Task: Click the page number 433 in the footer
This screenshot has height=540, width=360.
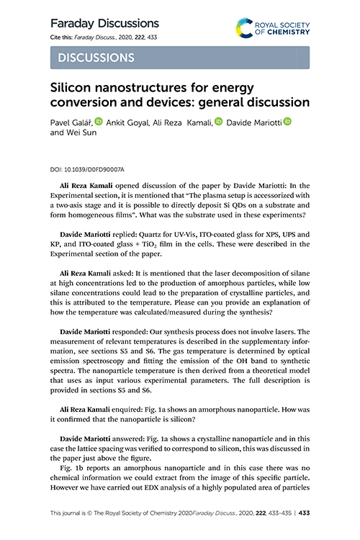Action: [x=305, y=513]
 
